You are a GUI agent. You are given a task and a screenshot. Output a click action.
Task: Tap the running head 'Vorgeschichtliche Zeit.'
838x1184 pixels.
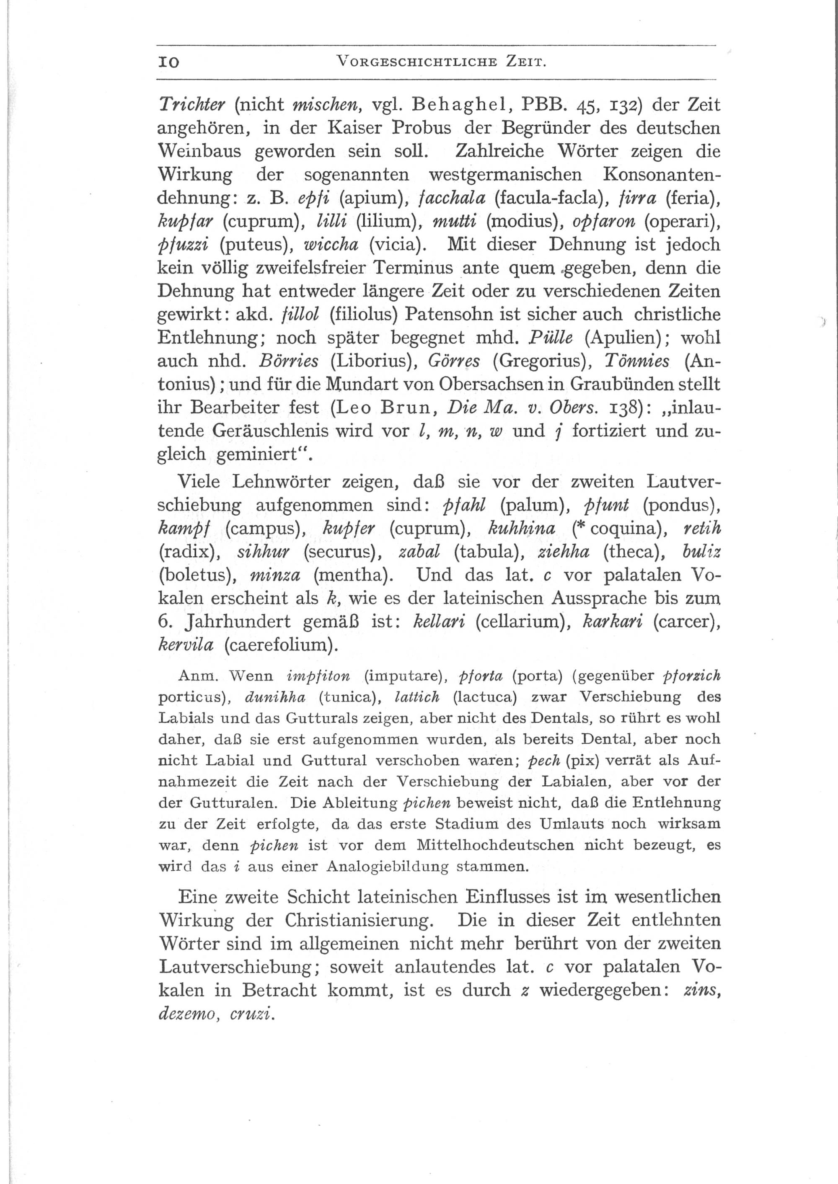tap(441, 63)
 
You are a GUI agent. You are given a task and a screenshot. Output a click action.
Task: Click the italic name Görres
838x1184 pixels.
tap(454, 361)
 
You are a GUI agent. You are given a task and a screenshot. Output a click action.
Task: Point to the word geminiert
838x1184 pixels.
tap(258, 455)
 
